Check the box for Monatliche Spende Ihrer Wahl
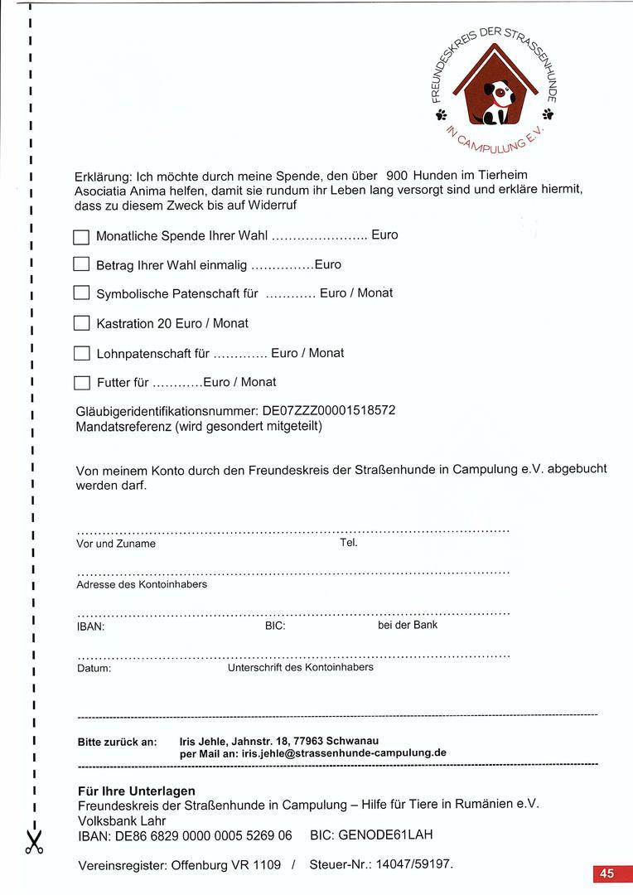click(81, 237)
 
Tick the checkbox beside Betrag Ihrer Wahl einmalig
click(81, 265)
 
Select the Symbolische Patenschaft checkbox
click(81, 293)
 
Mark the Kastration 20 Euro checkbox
click(81, 323)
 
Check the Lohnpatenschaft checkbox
click(81, 353)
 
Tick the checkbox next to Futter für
click(81, 382)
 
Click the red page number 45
click(607, 873)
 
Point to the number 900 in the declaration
click(397, 176)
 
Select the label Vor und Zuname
click(116, 544)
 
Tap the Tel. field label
click(349, 543)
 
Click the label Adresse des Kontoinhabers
click(142, 584)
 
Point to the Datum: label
click(94, 668)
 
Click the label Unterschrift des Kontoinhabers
click(300, 667)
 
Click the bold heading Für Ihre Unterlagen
click(137, 791)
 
